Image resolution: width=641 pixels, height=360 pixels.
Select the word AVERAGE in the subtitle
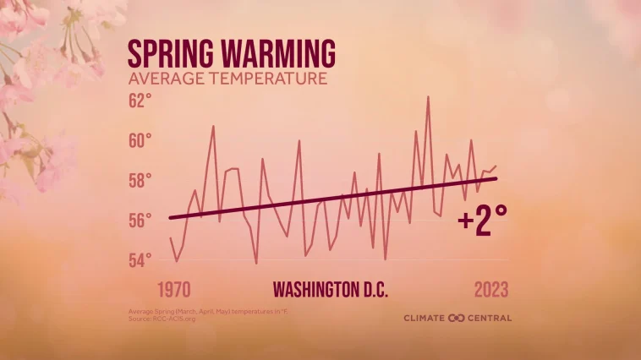[x=161, y=80]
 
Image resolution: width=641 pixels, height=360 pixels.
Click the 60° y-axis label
[x=140, y=140]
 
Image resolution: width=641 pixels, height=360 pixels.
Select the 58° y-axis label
[x=140, y=180]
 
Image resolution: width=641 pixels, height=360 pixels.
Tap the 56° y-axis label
[x=140, y=220]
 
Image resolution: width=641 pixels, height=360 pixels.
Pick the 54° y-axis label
[x=140, y=259]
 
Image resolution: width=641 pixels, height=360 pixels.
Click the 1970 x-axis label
[x=173, y=290]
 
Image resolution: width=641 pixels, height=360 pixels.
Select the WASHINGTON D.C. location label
[x=331, y=290]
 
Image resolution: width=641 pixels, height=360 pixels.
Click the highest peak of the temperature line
[x=429, y=96]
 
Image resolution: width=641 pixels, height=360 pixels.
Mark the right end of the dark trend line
[x=496, y=177]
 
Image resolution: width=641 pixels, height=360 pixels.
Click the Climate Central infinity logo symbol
[x=457, y=319]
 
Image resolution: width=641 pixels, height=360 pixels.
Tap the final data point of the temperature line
[x=496, y=166]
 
